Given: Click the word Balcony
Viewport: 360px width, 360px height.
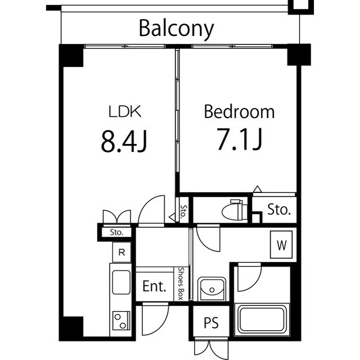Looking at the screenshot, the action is pos(176,29).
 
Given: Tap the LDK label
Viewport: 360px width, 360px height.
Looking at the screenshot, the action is pos(125,111).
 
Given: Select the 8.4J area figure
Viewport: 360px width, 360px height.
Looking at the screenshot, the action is pos(124,141).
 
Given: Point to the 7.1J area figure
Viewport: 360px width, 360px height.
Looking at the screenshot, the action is pos(239,139).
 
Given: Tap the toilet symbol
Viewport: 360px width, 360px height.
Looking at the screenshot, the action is pos(234,210).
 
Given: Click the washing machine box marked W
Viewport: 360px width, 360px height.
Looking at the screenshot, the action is pos(281,245).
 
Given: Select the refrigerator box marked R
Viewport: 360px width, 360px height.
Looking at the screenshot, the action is pos(121,253).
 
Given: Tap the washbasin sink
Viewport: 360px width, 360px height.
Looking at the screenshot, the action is pos(212,289).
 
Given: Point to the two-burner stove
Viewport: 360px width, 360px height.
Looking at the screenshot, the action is pos(121,321).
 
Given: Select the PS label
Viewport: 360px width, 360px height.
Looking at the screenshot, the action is pos(211,322).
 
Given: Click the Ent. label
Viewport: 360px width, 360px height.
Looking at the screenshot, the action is pos(154,286).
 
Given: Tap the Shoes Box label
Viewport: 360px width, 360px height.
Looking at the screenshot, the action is pos(181,283).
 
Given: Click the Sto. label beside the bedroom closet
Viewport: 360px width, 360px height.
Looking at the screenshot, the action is pos(279,209).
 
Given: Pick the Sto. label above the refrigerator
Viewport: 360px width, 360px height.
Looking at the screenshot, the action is pos(116,232).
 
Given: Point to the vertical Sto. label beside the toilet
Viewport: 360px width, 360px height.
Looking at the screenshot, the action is pos(183,211).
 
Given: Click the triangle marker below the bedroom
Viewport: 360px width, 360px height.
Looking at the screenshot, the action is pos(258,189).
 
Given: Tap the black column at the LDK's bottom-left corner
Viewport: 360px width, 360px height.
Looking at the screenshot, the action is pos(71,327).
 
